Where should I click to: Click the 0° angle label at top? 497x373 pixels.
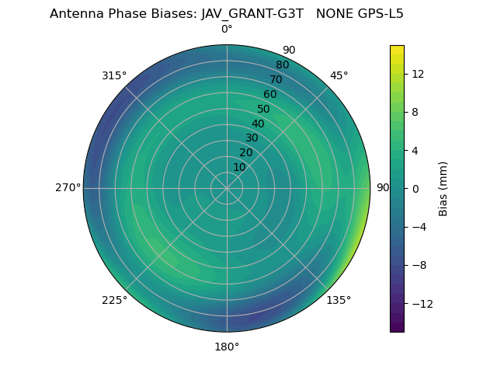(x=227, y=30)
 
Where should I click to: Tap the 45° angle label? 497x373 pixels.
(x=339, y=75)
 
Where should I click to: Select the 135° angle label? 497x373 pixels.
(x=339, y=300)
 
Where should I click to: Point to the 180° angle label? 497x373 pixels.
(x=227, y=347)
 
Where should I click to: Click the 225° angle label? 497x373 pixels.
(x=114, y=300)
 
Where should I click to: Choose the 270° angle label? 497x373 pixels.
(x=68, y=187)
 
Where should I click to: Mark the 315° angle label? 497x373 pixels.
(x=114, y=75)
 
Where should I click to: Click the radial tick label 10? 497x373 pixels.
(x=239, y=167)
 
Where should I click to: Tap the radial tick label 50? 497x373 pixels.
(x=264, y=109)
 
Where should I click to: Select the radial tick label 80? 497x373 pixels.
(x=283, y=64)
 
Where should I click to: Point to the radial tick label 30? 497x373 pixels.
(x=252, y=138)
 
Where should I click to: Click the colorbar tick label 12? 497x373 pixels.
(x=417, y=74)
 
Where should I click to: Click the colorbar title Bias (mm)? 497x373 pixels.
(x=443, y=188)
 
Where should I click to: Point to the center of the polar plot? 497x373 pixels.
(x=227, y=188)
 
